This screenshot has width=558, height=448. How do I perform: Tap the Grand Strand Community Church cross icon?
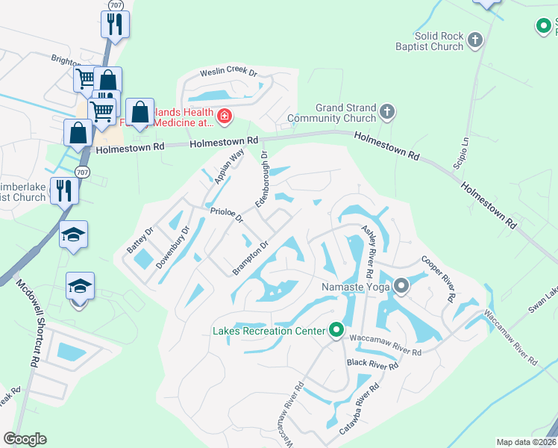386,113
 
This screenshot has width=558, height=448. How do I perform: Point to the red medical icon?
223,116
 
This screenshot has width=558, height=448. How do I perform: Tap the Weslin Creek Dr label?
228,73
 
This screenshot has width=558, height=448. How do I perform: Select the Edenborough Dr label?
262,179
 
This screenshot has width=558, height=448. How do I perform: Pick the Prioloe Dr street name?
226,215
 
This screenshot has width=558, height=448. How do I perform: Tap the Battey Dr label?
139,239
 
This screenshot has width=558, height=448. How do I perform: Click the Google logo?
25,438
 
